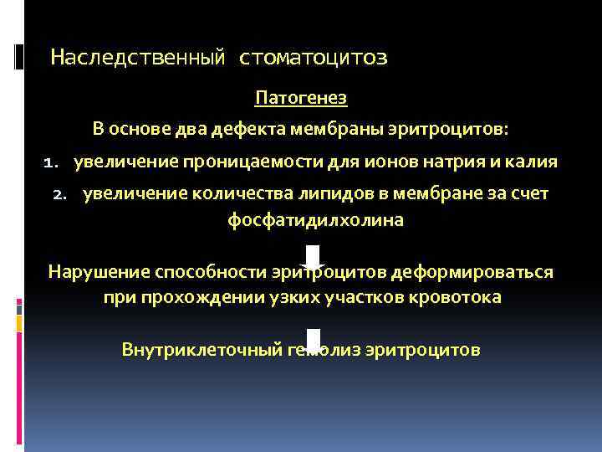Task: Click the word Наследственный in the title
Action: click(x=138, y=58)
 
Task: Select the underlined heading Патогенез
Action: click(x=301, y=98)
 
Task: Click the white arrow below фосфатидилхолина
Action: click(x=313, y=259)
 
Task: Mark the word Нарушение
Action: click(x=99, y=272)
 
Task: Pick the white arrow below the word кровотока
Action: click(x=313, y=338)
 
